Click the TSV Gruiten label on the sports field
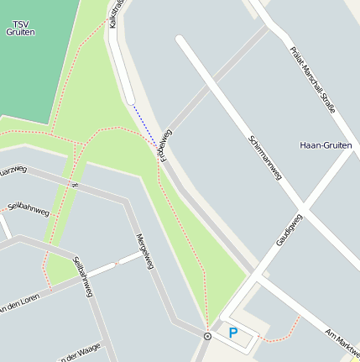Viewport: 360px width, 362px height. (20, 26)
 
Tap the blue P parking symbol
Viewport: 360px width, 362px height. (233, 333)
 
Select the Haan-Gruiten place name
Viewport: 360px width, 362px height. (326, 145)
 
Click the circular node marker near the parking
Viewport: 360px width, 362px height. (207, 336)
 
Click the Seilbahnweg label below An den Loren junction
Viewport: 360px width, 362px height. (83, 276)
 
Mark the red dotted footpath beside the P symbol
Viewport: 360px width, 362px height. (281, 333)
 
